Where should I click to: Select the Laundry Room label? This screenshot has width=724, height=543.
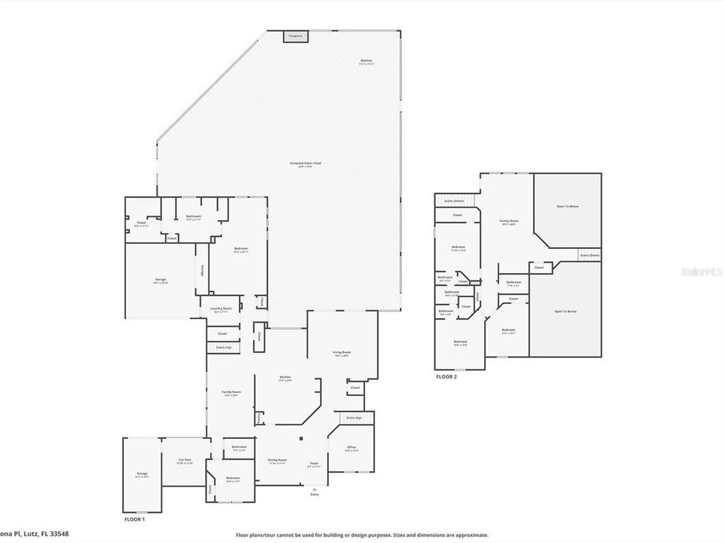point(222,308)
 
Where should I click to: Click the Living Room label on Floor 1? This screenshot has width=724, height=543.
point(342,352)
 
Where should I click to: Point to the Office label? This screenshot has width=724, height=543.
point(351,448)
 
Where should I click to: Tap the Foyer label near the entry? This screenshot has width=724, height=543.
point(314,465)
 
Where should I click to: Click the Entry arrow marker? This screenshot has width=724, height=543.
point(314,489)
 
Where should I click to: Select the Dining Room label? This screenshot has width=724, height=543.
point(278,461)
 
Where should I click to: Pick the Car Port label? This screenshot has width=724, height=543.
point(185,461)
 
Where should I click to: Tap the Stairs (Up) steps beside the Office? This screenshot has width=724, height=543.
point(354,418)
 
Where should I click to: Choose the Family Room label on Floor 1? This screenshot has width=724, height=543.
point(231,393)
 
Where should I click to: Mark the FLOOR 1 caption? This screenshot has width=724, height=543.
point(134,520)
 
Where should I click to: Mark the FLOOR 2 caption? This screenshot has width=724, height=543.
point(446,376)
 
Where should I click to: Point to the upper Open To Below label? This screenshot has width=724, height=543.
point(567,206)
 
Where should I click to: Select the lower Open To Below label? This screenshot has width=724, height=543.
point(566,311)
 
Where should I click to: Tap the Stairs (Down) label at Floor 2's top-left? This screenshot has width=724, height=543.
point(453,201)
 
